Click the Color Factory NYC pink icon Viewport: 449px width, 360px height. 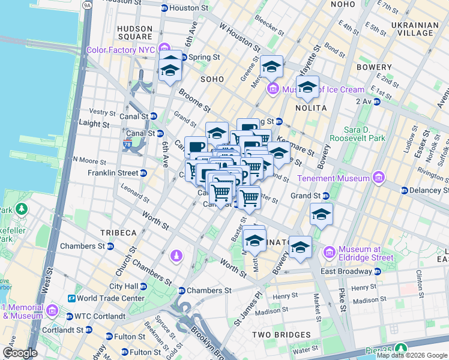[169, 50]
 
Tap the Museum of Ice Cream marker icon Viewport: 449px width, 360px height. [273, 90]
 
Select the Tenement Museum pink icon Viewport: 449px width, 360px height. [378, 178]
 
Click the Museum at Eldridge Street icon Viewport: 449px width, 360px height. [329, 253]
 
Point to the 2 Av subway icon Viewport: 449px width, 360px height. [377, 101]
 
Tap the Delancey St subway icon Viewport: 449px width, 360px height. [405, 190]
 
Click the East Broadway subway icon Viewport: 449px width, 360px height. [376, 271]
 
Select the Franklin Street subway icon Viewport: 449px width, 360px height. [143, 173]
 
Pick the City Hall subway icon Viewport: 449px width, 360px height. [143, 286]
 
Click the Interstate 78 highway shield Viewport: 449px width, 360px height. [127, 145]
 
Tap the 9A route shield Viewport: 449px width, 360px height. [87, 5]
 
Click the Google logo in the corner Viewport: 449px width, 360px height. [19, 353]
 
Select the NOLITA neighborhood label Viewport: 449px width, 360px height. [310, 108]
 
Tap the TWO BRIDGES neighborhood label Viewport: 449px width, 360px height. [281, 335]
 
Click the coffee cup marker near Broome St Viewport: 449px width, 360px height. [196, 146]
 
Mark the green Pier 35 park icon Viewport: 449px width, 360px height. [400, 348]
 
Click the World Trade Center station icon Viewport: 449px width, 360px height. [71, 298]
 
